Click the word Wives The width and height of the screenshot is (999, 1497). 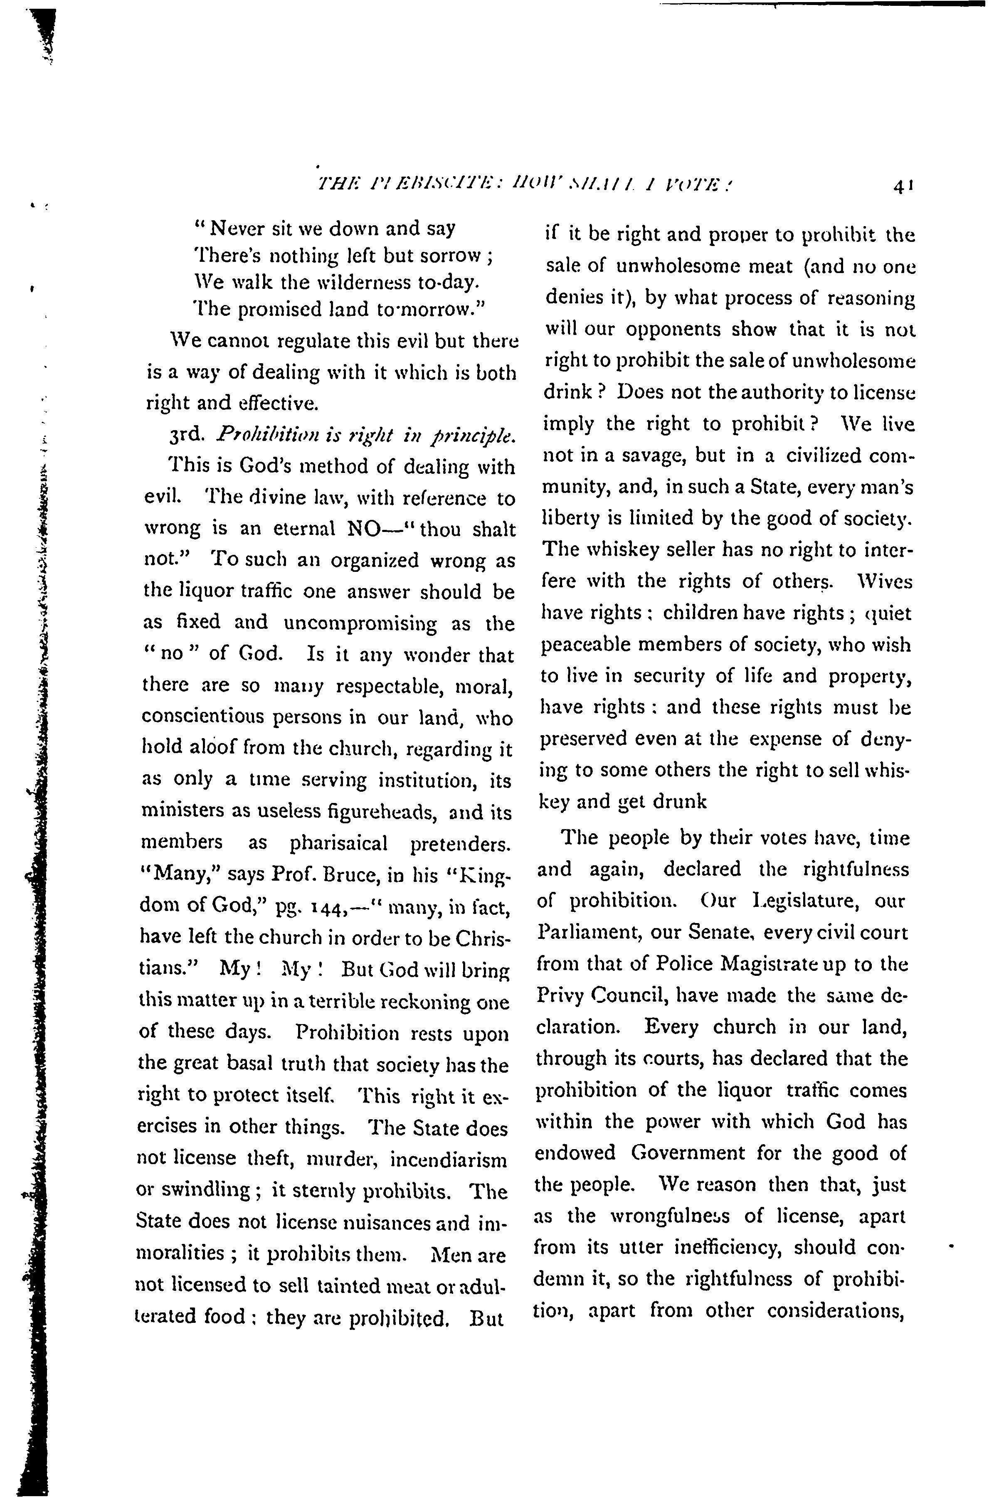coord(886,581)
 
